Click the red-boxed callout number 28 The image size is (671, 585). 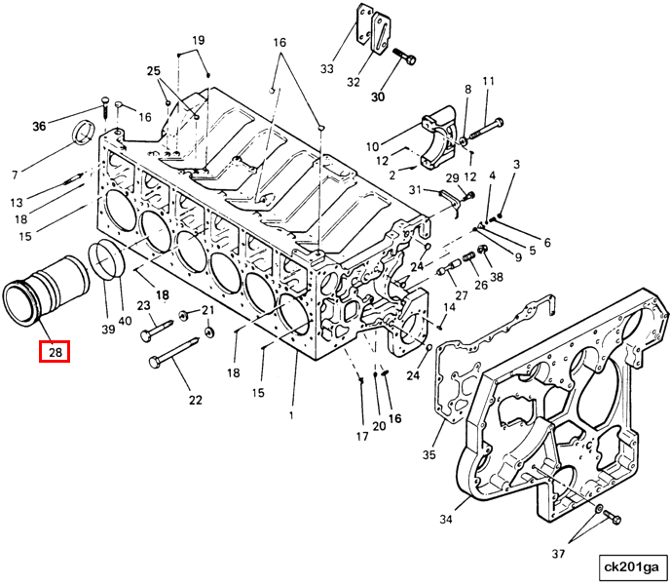[x=55, y=349]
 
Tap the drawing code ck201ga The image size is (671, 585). [x=631, y=566]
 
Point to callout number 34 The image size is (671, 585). [x=446, y=520]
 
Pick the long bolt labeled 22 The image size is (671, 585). [x=180, y=353]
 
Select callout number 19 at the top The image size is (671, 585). [x=198, y=40]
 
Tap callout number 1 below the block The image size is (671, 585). [x=290, y=415]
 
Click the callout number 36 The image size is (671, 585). [x=39, y=126]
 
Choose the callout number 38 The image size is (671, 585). [x=497, y=276]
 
